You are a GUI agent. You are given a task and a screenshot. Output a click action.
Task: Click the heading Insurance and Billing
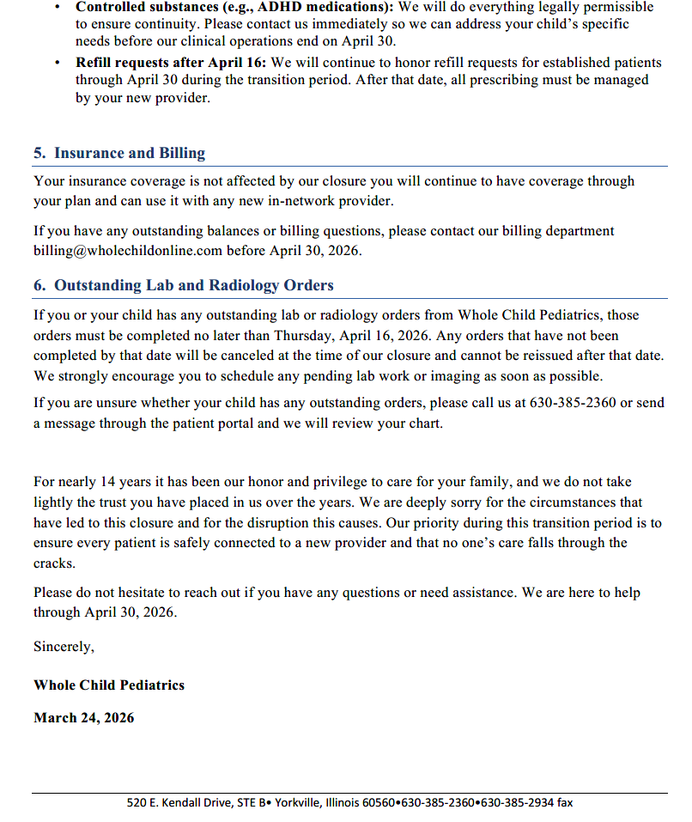(x=129, y=154)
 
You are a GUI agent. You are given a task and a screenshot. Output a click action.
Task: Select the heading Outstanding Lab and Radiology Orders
(x=193, y=285)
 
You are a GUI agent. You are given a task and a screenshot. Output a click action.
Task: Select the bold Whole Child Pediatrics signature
(x=109, y=685)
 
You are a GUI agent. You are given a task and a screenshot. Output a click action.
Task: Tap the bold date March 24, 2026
(x=83, y=718)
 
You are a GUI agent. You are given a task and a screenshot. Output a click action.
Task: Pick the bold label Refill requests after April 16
(x=171, y=63)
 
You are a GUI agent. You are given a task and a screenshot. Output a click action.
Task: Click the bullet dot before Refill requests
(x=57, y=63)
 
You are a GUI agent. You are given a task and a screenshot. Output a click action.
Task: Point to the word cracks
(x=54, y=563)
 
